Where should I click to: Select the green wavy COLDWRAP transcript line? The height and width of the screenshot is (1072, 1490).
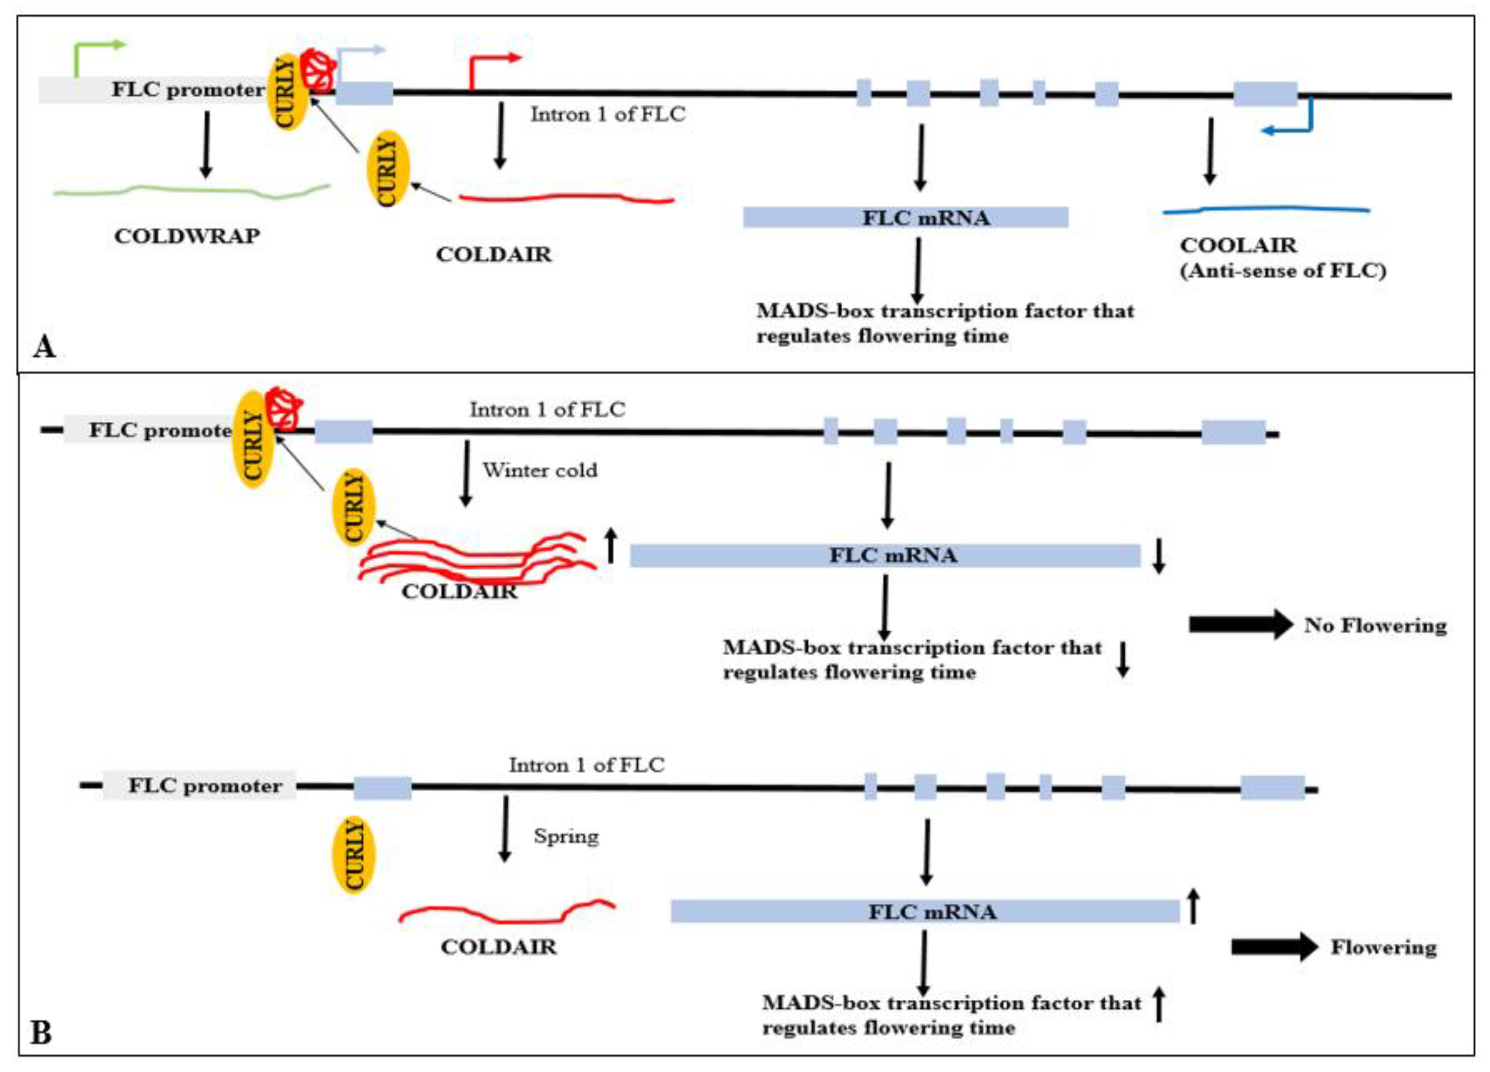click(x=191, y=191)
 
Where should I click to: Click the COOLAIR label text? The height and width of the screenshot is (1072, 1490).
click(x=1238, y=246)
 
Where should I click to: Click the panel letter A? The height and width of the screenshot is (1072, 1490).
click(x=44, y=346)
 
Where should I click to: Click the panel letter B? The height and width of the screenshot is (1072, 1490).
click(x=41, y=1033)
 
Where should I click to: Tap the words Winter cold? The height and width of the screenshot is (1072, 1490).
click(x=540, y=471)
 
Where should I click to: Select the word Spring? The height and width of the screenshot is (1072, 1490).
click(x=565, y=836)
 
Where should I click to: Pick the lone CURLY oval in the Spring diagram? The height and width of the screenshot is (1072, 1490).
click(x=354, y=854)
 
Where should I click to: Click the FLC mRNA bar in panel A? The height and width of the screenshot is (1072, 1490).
click(x=905, y=217)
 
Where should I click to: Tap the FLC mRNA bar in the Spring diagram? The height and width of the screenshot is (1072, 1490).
click(x=925, y=911)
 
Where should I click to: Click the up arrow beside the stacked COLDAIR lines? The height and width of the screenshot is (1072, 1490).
click(x=611, y=546)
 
